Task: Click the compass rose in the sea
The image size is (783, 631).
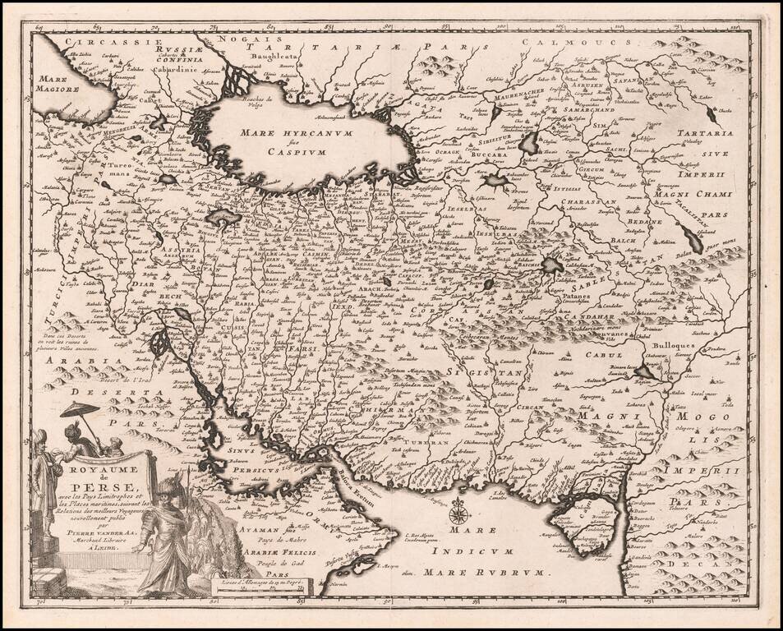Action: click(460, 515)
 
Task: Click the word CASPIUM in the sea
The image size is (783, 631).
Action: click(302, 152)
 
